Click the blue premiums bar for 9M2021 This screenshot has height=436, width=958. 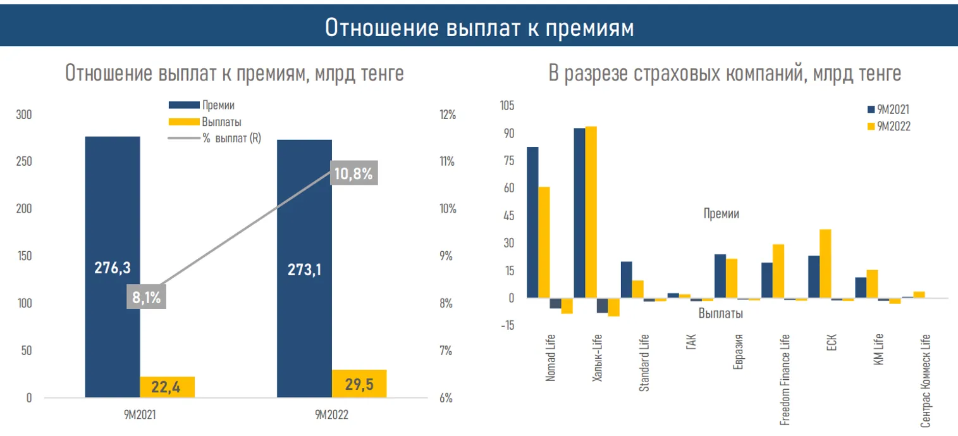pos(113,209)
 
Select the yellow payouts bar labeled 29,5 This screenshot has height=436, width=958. pos(359,384)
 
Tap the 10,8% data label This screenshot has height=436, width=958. pos(353,173)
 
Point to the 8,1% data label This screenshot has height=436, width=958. pos(146,296)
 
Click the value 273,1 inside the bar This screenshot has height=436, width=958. pos(304,268)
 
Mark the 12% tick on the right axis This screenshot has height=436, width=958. pos(446,115)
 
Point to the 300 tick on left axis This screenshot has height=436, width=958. pos(24,115)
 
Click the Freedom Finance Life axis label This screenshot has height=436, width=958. pos(785,380)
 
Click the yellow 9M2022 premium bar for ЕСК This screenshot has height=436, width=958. pos(825,263)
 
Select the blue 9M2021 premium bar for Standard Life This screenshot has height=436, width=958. pos(626,279)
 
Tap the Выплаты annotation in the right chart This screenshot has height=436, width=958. pos(720,313)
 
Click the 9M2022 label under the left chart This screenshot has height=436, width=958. pos(331,415)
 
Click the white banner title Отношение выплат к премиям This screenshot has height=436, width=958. pos(479,28)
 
